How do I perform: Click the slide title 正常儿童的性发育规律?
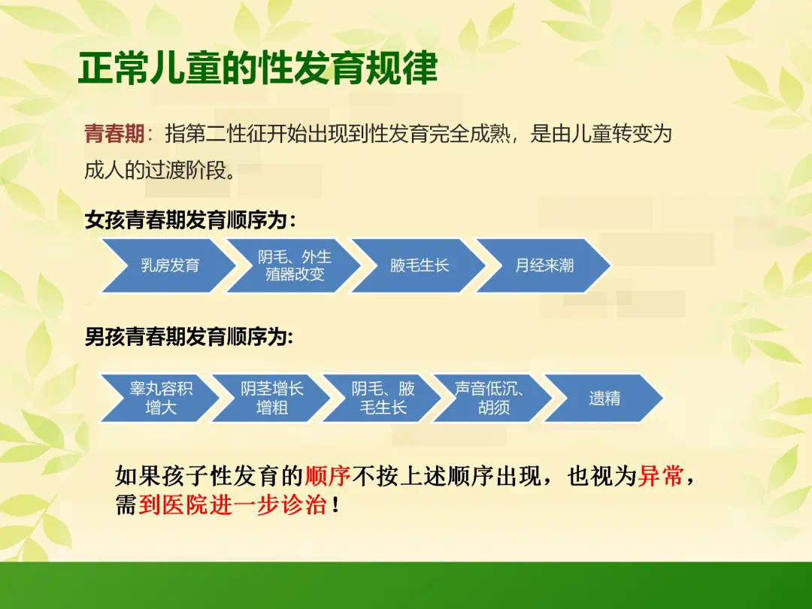pos(258,68)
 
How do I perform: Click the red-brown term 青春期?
pos(114,134)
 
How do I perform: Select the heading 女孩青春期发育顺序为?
pos(186,220)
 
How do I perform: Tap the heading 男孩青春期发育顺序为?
pos(186,337)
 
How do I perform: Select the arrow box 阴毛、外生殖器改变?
pos(294,265)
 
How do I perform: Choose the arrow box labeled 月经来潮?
pos(544,265)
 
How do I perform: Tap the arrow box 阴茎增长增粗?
pos(271,398)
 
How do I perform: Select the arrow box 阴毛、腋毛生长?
pos(382,398)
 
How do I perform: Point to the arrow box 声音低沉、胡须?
pos(493,398)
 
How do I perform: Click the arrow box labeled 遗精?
pos(604,398)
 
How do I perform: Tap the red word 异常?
pos(660,475)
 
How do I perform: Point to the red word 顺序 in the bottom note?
pos(327,475)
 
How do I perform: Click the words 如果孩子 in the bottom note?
pos(162,475)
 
